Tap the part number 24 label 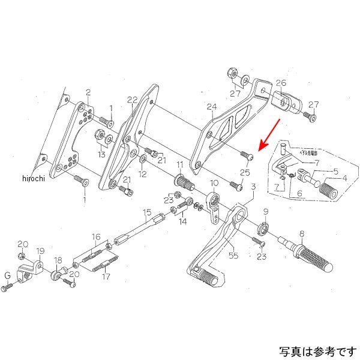point(211,107)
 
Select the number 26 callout point(281,83)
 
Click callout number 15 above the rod point(146,212)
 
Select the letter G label point(7,275)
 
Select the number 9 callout point(266,212)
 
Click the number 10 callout point(214,182)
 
